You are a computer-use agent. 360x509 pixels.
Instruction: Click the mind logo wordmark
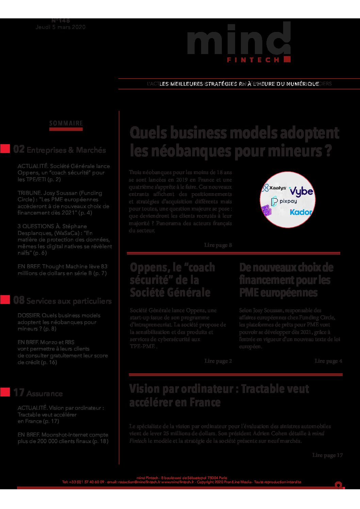tap(238, 40)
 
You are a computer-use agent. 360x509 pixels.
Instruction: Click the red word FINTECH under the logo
tap(253, 60)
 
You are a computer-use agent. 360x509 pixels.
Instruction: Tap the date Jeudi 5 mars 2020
tap(61, 27)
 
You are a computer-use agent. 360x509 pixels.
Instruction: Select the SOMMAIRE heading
tap(66, 123)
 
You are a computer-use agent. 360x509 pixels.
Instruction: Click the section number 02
tap(19, 149)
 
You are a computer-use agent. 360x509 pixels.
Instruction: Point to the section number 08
tap(19, 300)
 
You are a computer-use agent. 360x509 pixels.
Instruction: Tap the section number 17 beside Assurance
tap(19, 393)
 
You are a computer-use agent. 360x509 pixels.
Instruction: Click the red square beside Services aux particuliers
tap(5, 300)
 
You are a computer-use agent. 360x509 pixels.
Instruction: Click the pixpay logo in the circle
tap(284, 201)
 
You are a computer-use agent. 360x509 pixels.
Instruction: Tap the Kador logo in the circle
tap(301, 212)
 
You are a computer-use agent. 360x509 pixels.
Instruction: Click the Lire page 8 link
tap(218, 245)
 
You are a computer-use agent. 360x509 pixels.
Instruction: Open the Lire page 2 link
tap(218, 361)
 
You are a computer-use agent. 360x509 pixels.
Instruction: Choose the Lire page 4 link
tap(328, 361)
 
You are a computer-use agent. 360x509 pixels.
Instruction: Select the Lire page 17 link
tap(327, 455)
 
